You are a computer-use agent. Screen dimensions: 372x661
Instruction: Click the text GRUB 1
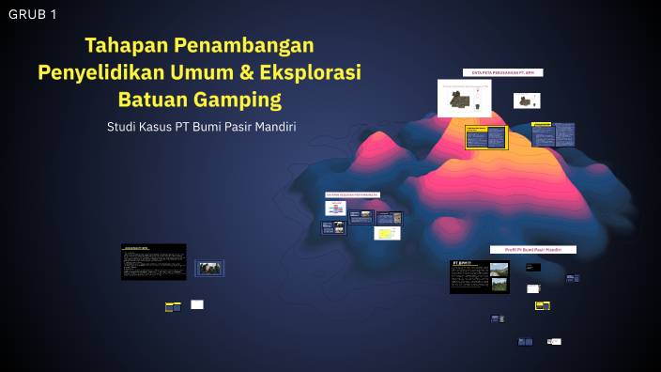click(x=33, y=14)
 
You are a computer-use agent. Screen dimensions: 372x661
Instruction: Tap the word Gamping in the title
click(x=237, y=99)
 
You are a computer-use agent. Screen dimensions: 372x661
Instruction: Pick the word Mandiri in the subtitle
click(x=270, y=127)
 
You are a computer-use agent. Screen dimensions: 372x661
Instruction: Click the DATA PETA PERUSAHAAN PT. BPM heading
click(x=502, y=72)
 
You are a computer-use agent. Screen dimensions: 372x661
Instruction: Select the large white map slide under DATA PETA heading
click(x=464, y=98)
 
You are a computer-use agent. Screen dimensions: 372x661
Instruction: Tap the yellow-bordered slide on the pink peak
click(x=486, y=137)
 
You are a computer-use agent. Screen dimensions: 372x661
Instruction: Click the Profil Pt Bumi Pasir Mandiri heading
click(x=533, y=250)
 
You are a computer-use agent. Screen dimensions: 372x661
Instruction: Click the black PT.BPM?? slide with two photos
click(x=479, y=277)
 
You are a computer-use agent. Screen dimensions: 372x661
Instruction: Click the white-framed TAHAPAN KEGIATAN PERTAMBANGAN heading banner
click(x=352, y=195)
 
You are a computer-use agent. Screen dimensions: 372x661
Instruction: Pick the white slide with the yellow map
click(x=387, y=233)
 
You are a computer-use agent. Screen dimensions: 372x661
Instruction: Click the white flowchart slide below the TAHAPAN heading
click(x=336, y=209)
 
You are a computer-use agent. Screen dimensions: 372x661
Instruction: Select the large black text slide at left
click(x=153, y=262)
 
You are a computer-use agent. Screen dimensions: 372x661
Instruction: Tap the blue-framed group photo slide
click(x=209, y=268)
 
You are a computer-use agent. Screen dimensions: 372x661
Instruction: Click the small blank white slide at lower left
click(x=197, y=304)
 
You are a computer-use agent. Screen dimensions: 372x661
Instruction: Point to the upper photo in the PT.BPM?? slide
click(x=500, y=270)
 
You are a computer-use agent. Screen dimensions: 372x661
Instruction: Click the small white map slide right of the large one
click(x=527, y=101)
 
